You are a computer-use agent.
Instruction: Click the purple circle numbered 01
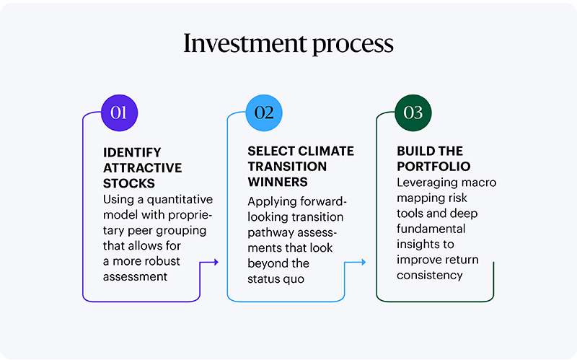tap(118, 113)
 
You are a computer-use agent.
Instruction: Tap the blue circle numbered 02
tap(264, 113)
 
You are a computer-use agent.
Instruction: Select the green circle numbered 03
tap(413, 113)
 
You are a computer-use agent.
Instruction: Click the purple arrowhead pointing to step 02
tap(215, 263)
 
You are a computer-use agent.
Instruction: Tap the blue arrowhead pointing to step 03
tap(362, 263)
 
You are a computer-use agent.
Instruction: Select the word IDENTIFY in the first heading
tap(132, 152)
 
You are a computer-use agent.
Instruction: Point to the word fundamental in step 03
tap(431, 229)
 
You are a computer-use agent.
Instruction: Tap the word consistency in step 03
tap(430, 275)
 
